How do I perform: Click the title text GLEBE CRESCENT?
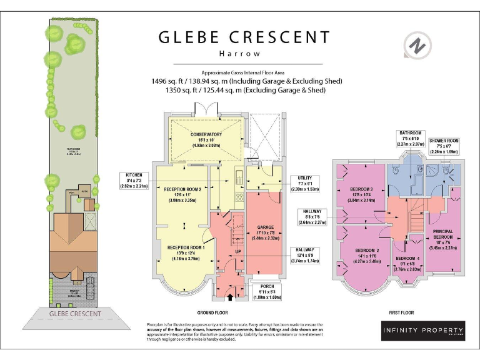[x=247, y=37]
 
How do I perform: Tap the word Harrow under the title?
[x=247, y=54]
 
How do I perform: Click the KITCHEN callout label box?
[x=134, y=180]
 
